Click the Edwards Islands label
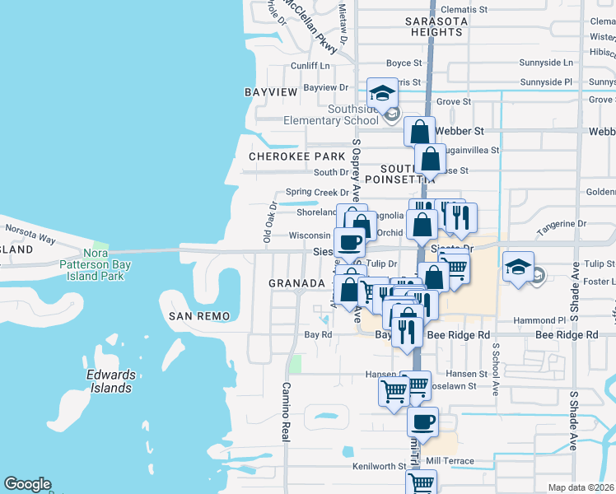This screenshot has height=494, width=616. click(110, 382)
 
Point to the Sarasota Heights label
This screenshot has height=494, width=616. click(436, 26)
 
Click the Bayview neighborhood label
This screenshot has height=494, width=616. click(271, 92)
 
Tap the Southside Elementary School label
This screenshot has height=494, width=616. click(318, 114)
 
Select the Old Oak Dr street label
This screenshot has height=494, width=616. click(268, 223)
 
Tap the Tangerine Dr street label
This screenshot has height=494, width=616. click(561, 223)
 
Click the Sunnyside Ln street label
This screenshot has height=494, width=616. click(546, 63)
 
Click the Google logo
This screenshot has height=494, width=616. click(28, 484)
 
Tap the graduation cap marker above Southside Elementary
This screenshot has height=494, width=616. click(383, 94)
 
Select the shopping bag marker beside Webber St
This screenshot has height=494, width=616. click(419, 132)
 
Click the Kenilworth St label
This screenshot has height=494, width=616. click(380, 466)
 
